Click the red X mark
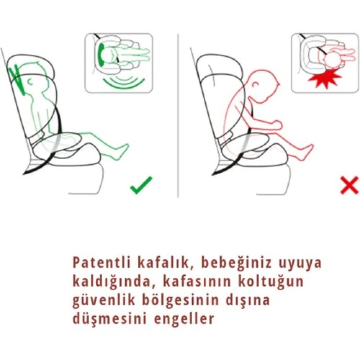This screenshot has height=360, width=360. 349,185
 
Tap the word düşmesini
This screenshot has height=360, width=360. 109,318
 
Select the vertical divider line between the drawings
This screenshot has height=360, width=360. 178,115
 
